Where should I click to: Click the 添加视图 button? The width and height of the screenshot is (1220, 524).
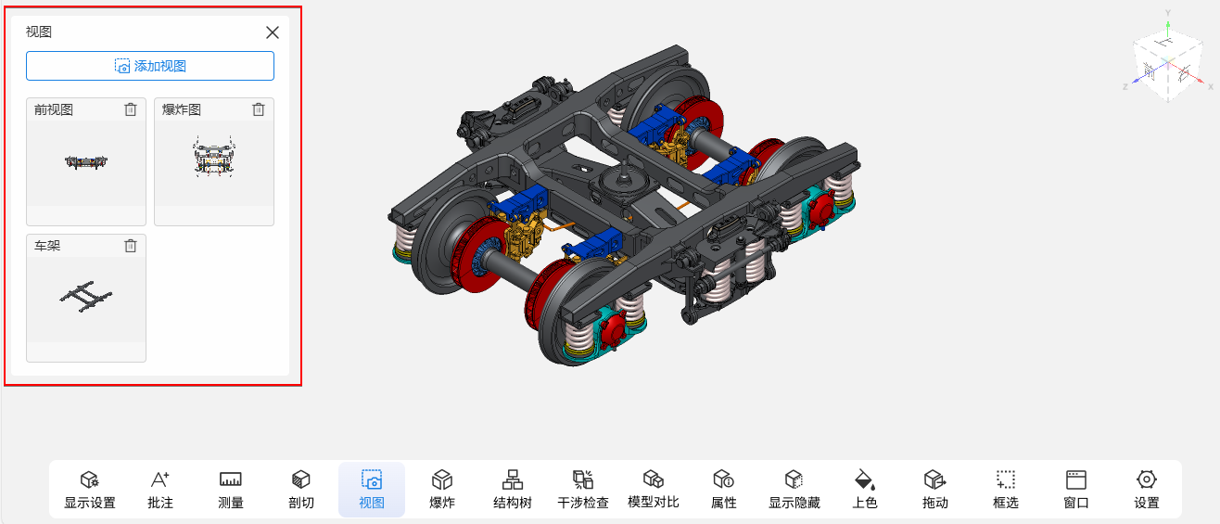point(150,66)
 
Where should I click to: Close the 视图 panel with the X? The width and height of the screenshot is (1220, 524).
point(273,32)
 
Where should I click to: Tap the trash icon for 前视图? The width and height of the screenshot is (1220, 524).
point(131,109)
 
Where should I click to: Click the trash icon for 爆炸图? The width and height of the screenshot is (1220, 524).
point(259,109)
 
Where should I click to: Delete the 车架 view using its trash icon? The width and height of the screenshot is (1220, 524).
point(131,246)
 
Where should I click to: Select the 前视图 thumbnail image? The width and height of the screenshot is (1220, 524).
point(86,162)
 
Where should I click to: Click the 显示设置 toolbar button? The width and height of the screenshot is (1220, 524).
point(90,489)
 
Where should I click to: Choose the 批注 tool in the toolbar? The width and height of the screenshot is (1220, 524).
point(160,489)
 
